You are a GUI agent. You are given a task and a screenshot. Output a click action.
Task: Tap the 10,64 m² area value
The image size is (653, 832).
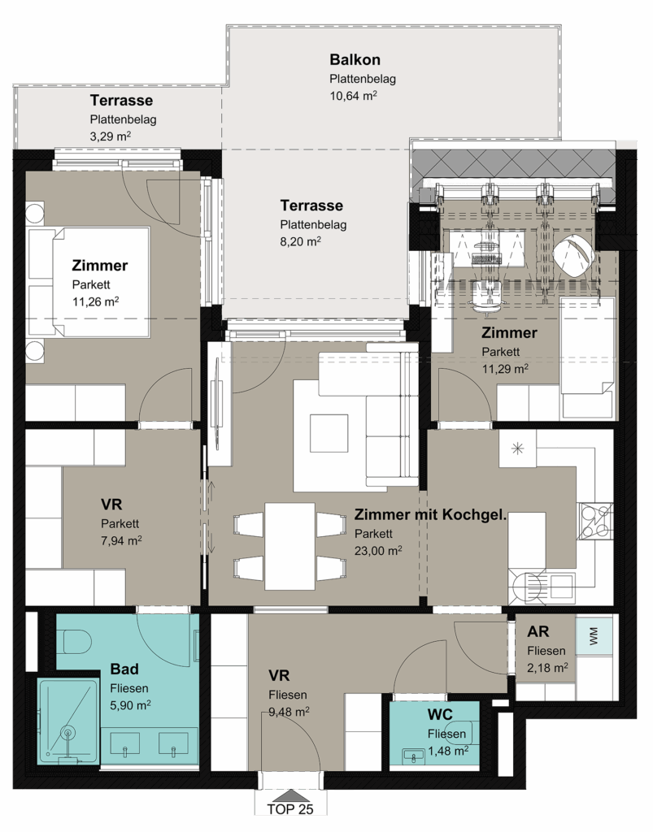353,96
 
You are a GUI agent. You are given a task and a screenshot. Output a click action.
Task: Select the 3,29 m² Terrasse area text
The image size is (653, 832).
111,136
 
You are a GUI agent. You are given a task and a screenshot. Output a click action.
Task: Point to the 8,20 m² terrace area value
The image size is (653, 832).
301,240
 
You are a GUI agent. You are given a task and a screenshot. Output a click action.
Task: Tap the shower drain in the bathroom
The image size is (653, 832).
67,734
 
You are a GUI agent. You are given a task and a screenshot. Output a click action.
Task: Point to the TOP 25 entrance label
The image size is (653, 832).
289,809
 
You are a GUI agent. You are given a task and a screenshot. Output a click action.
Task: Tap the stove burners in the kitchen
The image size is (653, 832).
594,521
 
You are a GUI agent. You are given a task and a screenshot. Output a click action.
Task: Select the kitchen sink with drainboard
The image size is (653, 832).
542,587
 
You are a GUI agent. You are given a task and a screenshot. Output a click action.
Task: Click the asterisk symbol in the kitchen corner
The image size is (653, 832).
517,448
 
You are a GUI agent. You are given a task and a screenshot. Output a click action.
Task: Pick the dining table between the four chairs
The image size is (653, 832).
289,547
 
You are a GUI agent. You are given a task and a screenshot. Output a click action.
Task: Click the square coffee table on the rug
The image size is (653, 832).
329,432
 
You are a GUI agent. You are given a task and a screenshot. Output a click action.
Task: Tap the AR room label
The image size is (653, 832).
538,631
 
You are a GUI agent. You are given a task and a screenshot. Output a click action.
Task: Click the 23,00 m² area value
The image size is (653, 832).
378,551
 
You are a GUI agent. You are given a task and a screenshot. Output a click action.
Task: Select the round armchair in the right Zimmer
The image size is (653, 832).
573,253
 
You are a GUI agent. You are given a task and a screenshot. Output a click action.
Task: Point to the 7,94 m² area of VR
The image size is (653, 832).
121,540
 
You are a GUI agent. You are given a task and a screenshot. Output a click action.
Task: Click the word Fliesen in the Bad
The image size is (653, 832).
129,688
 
